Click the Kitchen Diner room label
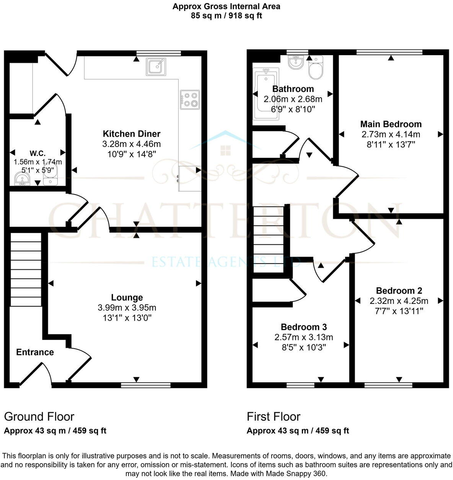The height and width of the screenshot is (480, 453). click(x=132, y=134)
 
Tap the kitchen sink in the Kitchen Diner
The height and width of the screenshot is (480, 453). click(x=156, y=67)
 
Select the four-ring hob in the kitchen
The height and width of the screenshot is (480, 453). click(x=190, y=100)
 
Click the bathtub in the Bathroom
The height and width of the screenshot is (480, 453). click(x=266, y=94)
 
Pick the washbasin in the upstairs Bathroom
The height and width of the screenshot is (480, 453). click(x=295, y=62)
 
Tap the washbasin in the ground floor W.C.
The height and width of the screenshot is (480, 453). click(x=22, y=179)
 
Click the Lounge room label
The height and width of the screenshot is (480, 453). click(x=127, y=297)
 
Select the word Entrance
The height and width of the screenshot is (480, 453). click(x=35, y=352)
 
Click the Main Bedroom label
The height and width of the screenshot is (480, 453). click(x=391, y=124)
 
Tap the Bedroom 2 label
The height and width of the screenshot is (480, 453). click(x=399, y=290)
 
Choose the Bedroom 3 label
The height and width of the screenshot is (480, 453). click(x=304, y=327)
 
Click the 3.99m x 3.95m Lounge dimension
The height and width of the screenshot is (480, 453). click(x=127, y=308)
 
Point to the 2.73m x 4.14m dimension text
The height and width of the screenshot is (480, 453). click(x=391, y=134)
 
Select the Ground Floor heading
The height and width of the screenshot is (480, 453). click(x=39, y=416)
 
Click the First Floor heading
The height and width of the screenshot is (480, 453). click(x=274, y=416)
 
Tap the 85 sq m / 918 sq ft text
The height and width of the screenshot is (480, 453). click(x=226, y=16)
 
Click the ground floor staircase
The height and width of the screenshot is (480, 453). click(x=26, y=269)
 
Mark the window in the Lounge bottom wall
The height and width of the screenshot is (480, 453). click(x=146, y=385)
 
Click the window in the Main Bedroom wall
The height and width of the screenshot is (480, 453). click(x=389, y=52)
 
